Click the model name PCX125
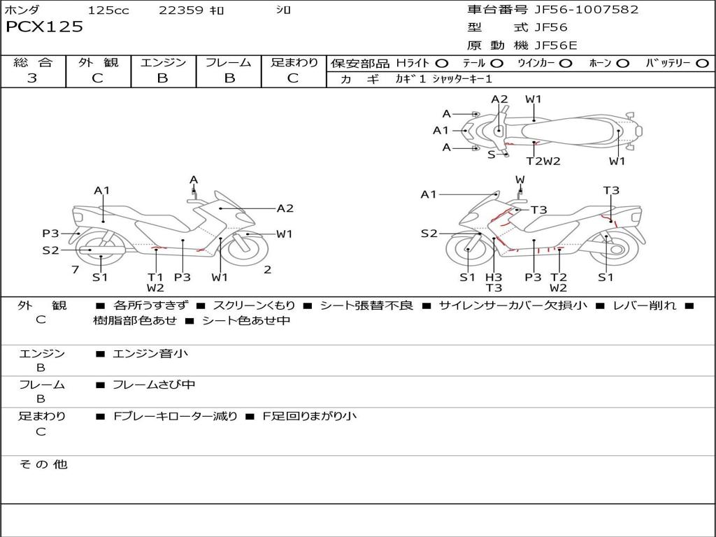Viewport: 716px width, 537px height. [x=45, y=27]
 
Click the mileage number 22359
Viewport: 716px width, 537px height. [x=181, y=10]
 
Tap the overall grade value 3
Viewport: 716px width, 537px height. [x=32, y=78]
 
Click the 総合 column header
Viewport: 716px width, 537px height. [x=32, y=62]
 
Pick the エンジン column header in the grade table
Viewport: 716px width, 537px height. [x=163, y=62]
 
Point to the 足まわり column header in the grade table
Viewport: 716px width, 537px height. [x=294, y=62]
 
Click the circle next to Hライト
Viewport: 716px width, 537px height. [x=442, y=63]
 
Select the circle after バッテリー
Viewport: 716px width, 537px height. [x=702, y=63]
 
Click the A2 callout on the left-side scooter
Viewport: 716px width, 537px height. [x=285, y=208]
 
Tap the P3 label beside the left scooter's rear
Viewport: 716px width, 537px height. [x=50, y=234]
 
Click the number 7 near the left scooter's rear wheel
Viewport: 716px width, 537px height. [x=75, y=269]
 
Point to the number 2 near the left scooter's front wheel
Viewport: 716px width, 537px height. [x=267, y=269]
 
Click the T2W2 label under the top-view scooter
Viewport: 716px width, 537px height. [x=543, y=161]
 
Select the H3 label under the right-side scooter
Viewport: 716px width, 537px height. [x=494, y=277]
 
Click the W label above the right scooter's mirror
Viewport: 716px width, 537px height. [x=520, y=180]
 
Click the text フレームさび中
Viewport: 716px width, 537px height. [x=154, y=385]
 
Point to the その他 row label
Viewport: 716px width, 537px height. [x=43, y=464]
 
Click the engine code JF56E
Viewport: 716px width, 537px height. [x=555, y=45]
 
